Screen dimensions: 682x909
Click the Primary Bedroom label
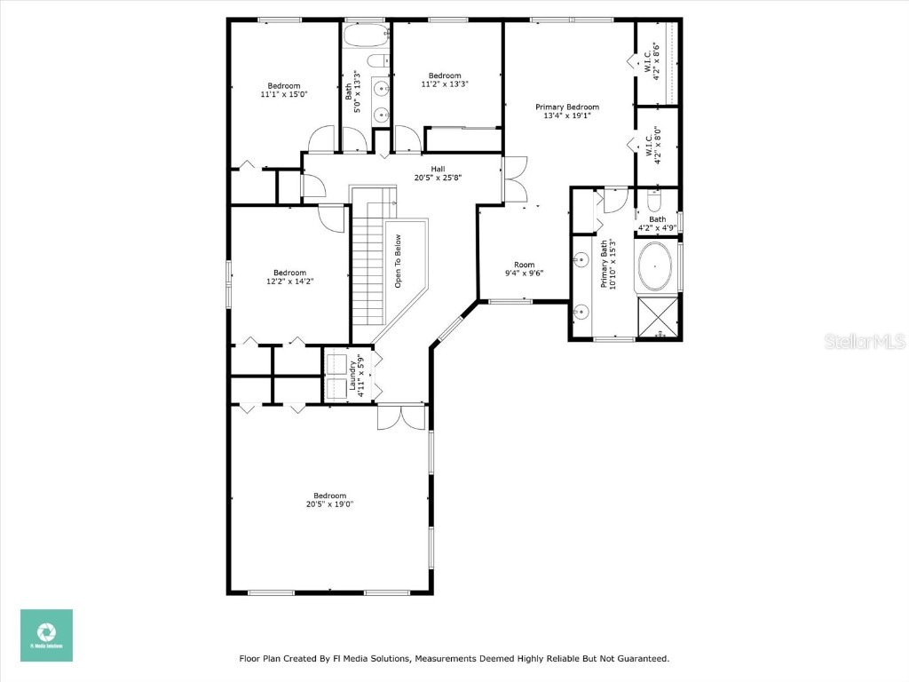[566, 107]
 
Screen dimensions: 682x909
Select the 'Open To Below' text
[399, 261]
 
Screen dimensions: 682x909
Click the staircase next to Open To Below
[367, 266]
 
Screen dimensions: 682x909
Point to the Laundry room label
[352, 376]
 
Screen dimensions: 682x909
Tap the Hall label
[438, 169]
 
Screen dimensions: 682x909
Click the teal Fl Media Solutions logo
[46, 635]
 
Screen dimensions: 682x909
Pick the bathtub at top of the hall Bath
[366, 37]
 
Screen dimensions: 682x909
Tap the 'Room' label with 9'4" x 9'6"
[525, 265]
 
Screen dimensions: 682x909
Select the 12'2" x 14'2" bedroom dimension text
[289, 282]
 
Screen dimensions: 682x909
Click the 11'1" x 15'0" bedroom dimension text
[283, 94]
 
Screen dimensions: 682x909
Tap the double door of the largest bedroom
[400, 416]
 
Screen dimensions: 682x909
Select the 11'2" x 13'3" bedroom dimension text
[444, 84]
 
